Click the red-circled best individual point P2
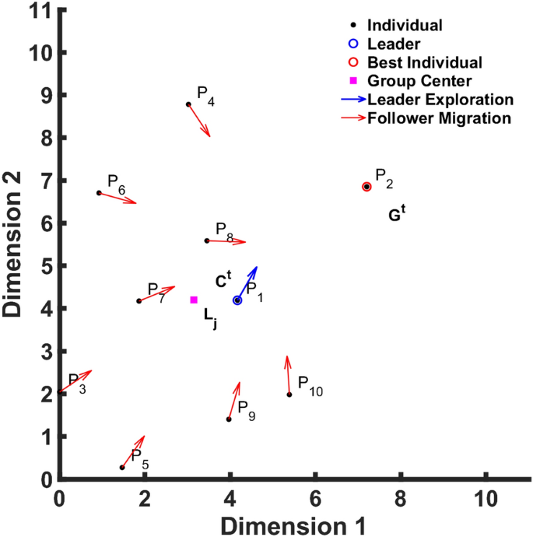[x=366, y=187]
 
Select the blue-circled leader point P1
[x=237, y=300]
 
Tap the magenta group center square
[x=194, y=300]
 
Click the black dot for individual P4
[x=188, y=104]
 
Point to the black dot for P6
[x=99, y=193]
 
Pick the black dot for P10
[x=289, y=395]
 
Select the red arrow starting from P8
[x=226, y=241]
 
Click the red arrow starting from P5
[x=133, y=451]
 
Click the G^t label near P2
[x=397, y=215]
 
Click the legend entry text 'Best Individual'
[x=425, y=62]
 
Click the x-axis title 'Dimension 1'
[x=294, y=521]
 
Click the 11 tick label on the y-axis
[x=40, y=11]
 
